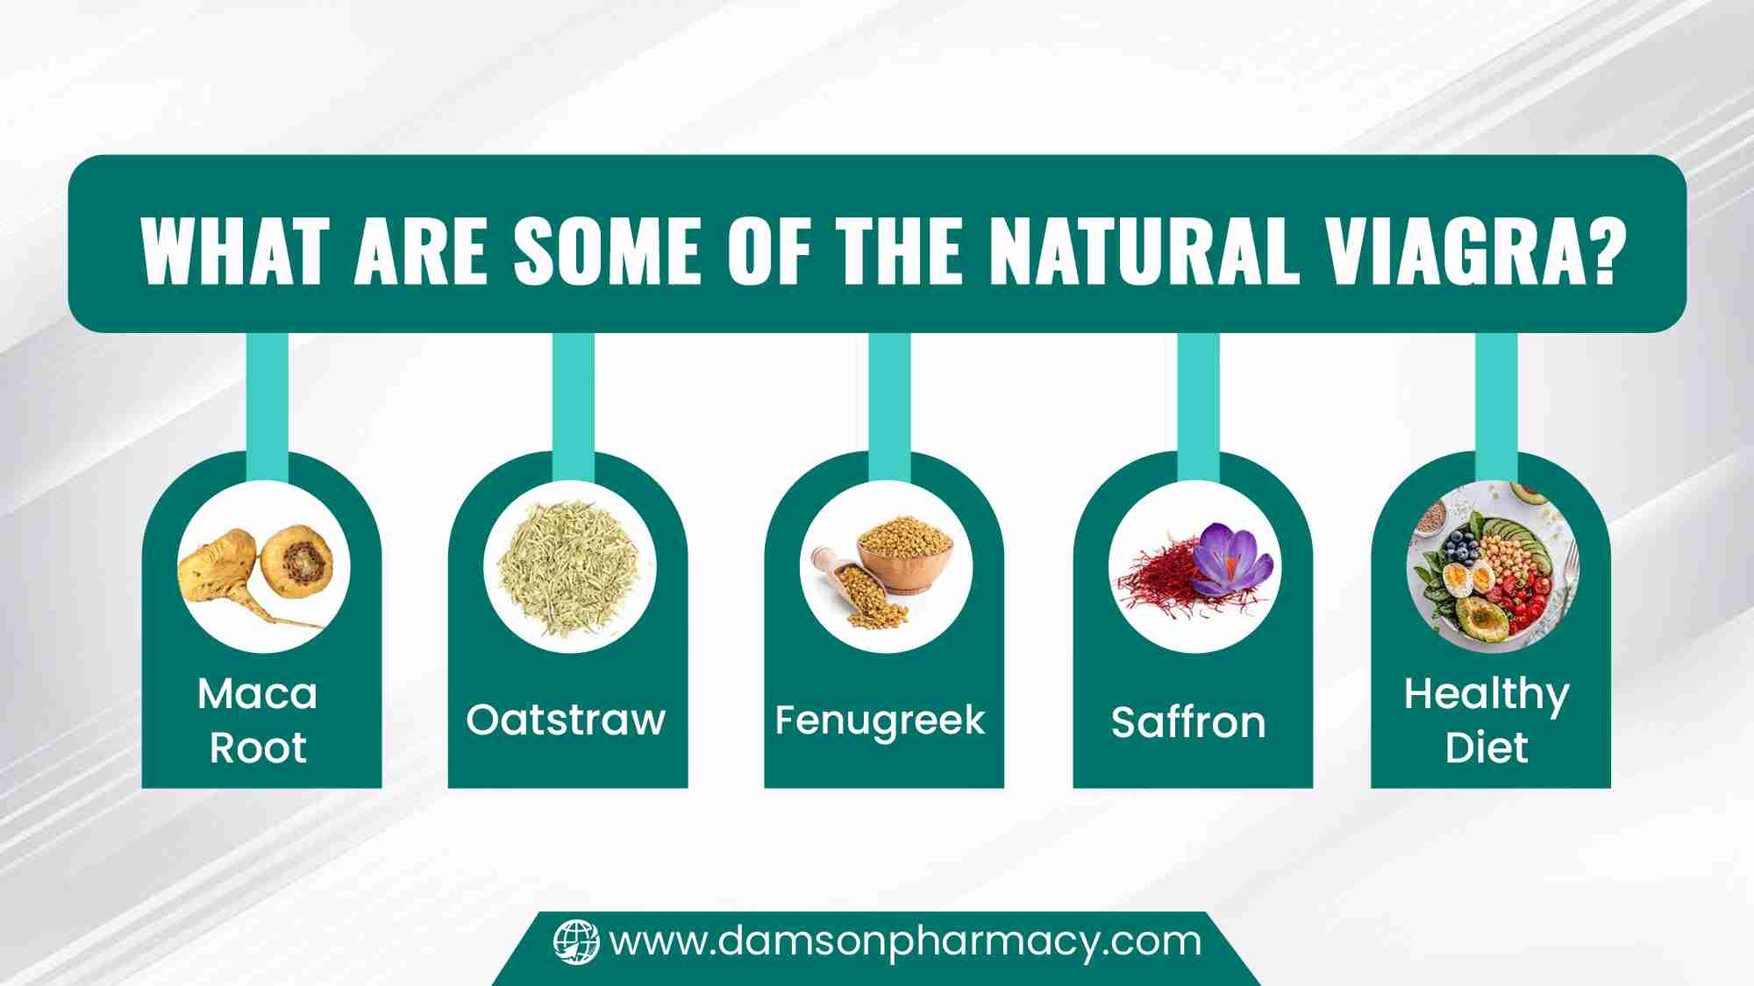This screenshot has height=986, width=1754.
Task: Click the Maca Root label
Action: click(258, 720)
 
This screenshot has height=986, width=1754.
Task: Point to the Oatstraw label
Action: click(566, 720)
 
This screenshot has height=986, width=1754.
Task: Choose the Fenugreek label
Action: click(880, 720)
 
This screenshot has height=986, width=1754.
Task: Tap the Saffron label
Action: click(1188, 722)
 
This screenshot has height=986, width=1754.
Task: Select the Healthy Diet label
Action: click(1487, 720)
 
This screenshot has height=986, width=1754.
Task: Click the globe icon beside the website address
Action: click(576, 942)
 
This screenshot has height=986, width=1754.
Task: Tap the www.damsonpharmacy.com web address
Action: click(905, 943)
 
